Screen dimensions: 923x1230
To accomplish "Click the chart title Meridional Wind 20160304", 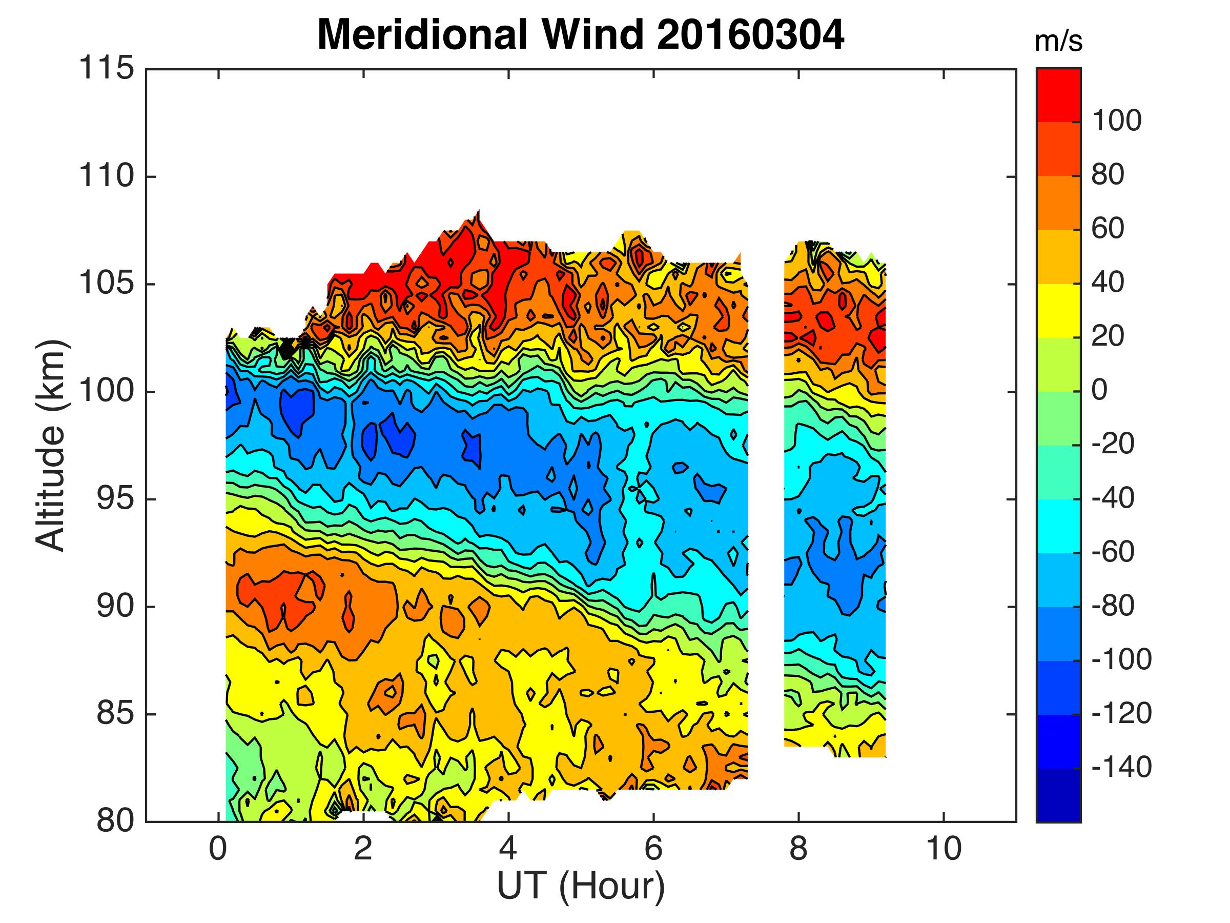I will pyautogui.click(x=581, y=35).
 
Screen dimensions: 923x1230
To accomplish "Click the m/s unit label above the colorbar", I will pyautogui.click(x=1059, y=42).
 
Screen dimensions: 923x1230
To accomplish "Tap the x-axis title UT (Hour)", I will pyautogui.click(x=581, y=886).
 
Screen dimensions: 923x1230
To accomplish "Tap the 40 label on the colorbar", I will pyautogui.click(x=1108, y=283).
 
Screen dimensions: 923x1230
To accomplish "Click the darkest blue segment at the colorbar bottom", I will pyautogui.click(x=1059, y=796).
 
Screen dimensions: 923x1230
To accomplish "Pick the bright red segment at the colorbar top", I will pyautogui.click(x=1059, y=94).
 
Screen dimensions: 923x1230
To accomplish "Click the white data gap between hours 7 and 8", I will pyautogui.click(x=766, y=500).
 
